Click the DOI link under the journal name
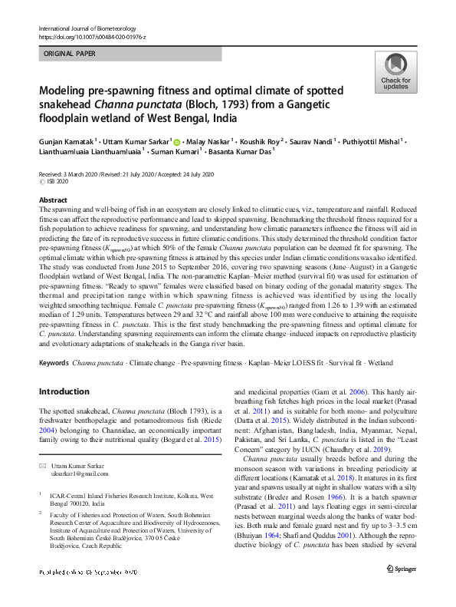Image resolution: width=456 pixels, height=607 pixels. (92, 37)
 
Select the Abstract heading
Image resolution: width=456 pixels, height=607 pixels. (52, 200)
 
